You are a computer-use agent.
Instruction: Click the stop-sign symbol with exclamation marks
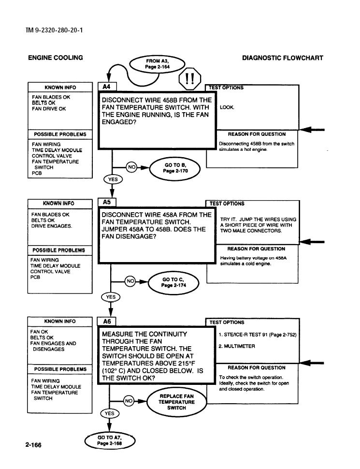coord(189,79)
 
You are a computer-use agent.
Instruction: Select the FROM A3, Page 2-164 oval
coord(157,64)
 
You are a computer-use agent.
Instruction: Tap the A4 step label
coord(107,87)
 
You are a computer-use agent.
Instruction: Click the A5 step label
coord(107,202)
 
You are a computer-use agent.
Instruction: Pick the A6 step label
coord(107,322)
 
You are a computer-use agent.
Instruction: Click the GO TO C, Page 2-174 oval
coord(173,282)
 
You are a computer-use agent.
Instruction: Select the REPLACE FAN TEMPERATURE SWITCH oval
coord(176,402)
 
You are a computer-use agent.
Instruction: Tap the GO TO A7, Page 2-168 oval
coord(110,440)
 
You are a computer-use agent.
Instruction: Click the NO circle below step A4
coord(131,167)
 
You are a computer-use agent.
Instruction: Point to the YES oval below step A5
coord(111,297)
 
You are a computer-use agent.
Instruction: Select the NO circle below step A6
coord(129,401)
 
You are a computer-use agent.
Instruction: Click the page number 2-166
coord(33,445)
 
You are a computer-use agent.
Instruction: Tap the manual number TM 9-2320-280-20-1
coord(55,30)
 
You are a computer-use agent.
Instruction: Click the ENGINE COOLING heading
coord(56,58)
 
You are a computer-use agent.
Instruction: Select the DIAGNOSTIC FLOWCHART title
coord(283,58)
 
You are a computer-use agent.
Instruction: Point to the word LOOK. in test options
coord(227,107)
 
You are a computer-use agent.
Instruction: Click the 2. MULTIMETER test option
coord(237,346)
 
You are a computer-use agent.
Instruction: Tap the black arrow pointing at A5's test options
coord(312,242)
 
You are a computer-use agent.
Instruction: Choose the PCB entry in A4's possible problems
coord(37,173)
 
